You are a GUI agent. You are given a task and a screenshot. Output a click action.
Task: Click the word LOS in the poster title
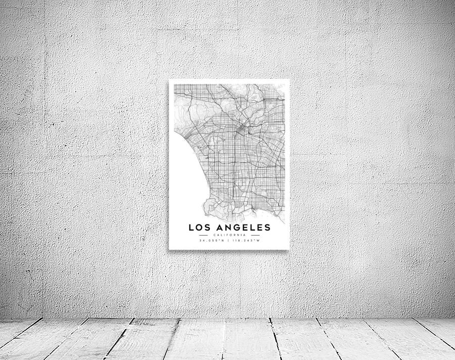click(198, 228)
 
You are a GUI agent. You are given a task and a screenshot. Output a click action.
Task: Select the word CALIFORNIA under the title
click(230, 235)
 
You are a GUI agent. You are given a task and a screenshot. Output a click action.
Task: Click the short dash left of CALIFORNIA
click(204, 235)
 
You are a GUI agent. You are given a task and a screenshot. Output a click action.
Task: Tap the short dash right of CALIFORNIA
click(255, 235)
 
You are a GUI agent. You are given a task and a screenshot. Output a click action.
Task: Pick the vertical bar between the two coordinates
click(230, 241)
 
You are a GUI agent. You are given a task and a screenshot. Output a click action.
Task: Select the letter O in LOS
click(198, 228)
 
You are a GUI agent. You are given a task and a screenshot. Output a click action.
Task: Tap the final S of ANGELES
click(267, 228)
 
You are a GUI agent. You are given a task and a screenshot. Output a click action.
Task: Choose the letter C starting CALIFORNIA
click(215, 235)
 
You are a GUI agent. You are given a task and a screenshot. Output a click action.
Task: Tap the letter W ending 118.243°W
click(258, 241)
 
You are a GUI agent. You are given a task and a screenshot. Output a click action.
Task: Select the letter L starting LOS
click(191, 228)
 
